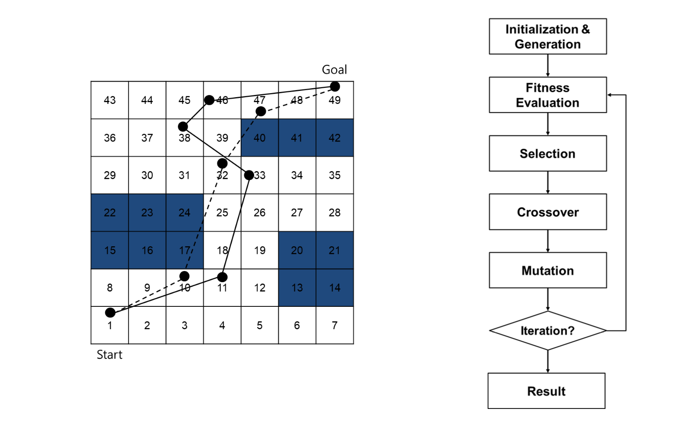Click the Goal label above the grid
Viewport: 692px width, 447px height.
(334, 70)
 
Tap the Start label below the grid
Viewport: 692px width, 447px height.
(109, 355)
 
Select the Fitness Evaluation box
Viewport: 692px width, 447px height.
(547, 95)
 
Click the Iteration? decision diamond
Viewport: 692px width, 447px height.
(547, 331)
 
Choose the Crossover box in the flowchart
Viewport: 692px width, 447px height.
(547, 212)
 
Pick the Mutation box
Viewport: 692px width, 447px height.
(547, 270)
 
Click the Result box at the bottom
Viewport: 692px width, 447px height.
(546, 391)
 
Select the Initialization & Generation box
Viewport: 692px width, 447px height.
(547, 36)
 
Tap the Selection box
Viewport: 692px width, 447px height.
(547, 153)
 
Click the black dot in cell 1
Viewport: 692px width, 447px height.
(110, 313)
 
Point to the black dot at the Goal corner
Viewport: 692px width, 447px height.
(335, 86)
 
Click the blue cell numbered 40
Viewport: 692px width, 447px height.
(259, 138)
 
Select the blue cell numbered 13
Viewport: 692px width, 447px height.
(297, 288)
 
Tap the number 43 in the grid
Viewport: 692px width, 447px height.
(110, 100)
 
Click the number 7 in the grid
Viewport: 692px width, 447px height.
(334, 326)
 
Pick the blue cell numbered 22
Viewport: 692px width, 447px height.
(110, 213)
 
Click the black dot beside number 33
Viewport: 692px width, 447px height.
(249, 175)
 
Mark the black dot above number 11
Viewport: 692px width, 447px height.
(222, 277)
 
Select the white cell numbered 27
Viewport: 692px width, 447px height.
(297, 213)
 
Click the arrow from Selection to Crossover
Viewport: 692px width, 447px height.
(548, 182)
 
